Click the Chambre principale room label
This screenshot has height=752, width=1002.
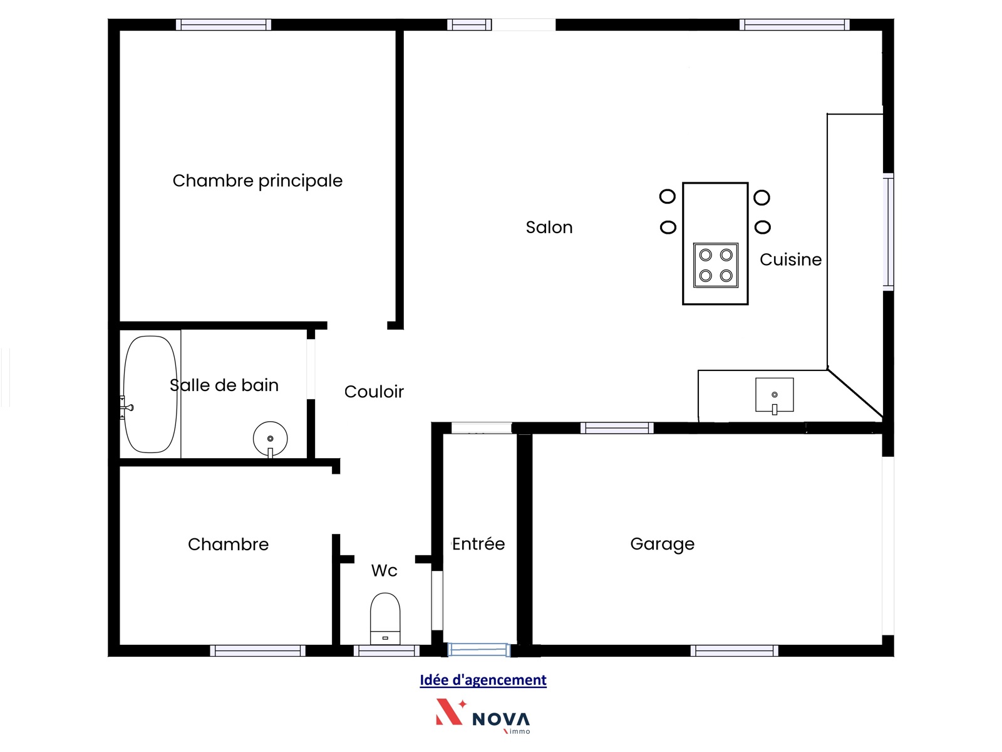[x=257, y=181]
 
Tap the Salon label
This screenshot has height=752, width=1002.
[x=549, y=227]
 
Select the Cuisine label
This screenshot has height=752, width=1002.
[x=790, y=260]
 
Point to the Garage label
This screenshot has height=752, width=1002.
[x=662, y=544]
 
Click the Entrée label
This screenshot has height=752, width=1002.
[x=478, y=544]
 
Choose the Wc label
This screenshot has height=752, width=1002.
[x=384, y=571]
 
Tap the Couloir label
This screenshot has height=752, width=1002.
[x=374, y=392]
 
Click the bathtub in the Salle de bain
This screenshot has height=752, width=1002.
[x=150, y=395]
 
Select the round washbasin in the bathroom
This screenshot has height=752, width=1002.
[x=271, y=439]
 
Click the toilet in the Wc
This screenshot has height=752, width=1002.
[x=385, y=619]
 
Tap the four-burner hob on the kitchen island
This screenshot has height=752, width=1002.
[x=715, y=265]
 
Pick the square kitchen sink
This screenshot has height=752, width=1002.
[x=774, y=395]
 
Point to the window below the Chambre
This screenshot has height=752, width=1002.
[x=257, y=650]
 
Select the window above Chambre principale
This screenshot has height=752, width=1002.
[x=223, y=24]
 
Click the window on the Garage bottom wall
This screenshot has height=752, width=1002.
[x=734, y=650]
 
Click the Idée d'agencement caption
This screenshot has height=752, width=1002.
[x=483, y=681]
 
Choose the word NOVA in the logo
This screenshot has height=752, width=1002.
[x=501, y=719]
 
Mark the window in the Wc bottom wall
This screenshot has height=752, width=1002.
[x=386, y=650]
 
